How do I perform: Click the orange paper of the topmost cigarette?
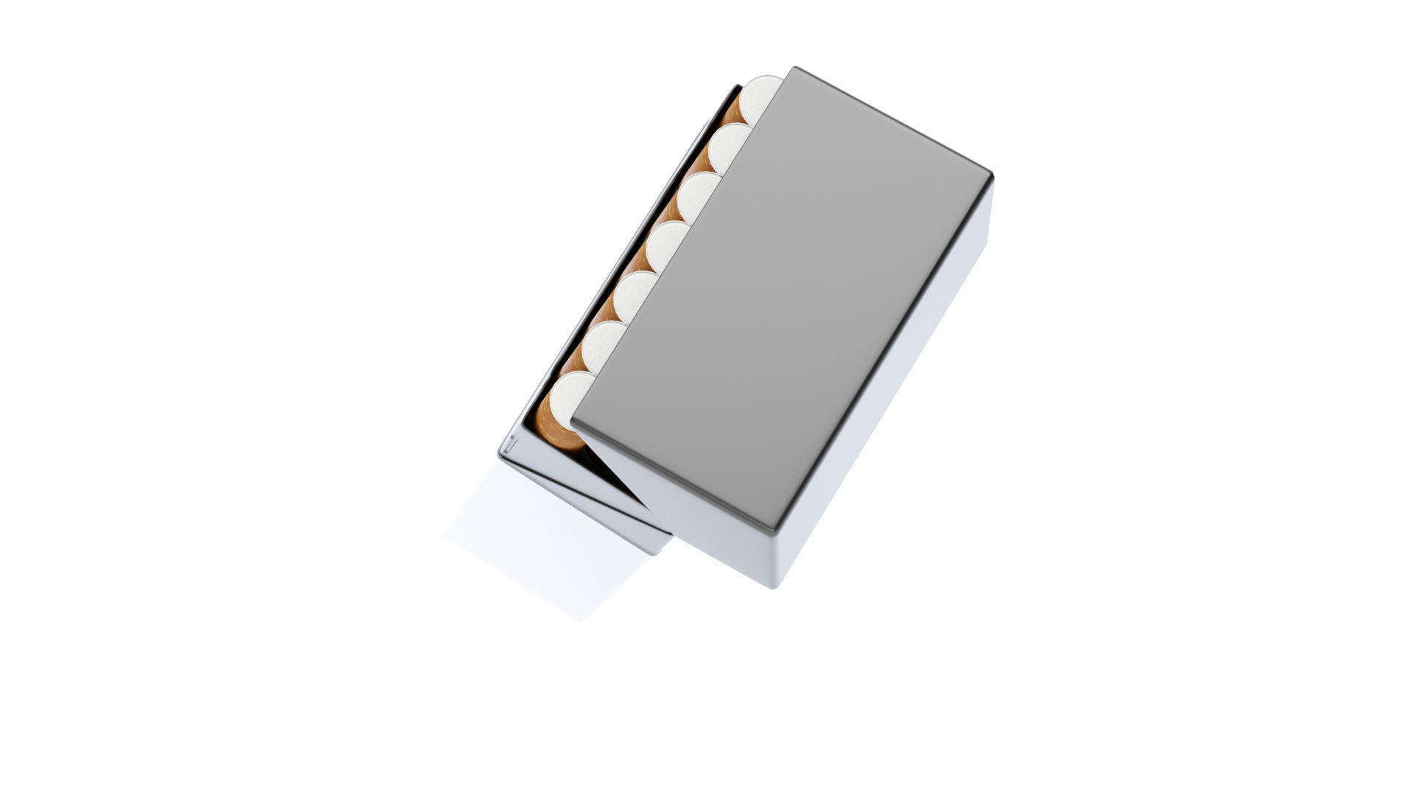click(733, 114)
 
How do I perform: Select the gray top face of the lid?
click(781, 295)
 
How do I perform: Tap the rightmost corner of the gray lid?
click(992, 177)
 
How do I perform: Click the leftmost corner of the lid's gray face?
click(573, 423)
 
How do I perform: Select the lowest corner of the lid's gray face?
click(772, 529)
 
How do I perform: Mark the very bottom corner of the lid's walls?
click(774, 587)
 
